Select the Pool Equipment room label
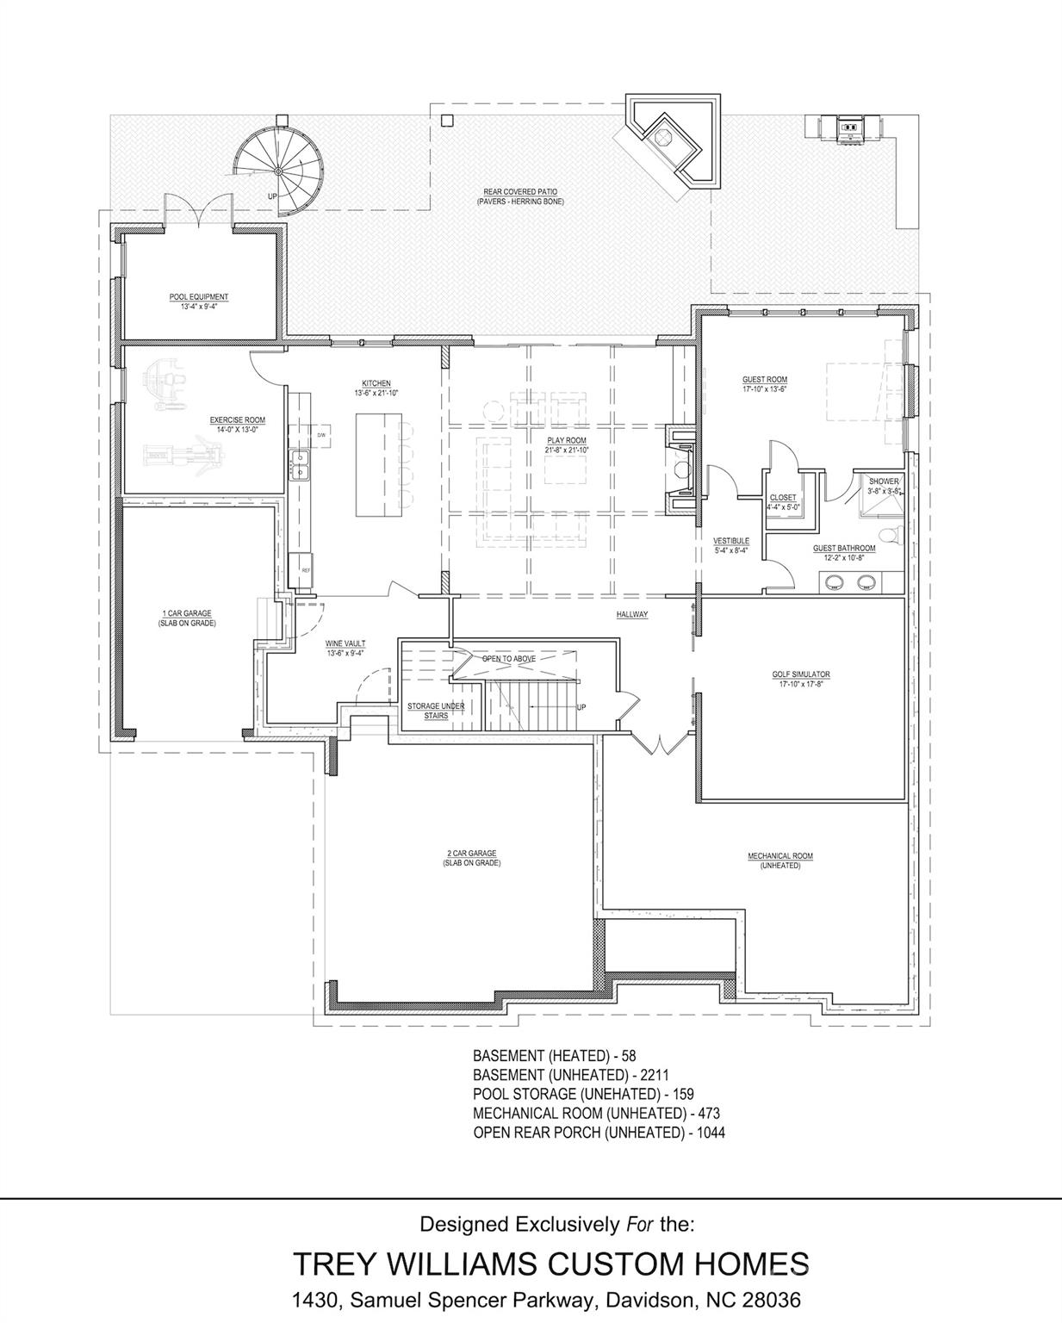coord(199,297)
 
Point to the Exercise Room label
coord(238,420)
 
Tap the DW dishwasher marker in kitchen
coord(321,435)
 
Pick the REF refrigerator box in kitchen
coord(306,569)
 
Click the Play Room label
coord(567,440)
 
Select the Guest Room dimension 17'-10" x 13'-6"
coord(765,389)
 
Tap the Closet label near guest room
coord(783,498)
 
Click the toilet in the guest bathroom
coord(893,535)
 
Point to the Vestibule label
coord(730,541)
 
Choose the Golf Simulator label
coord(801,674)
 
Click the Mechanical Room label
coord(780,856)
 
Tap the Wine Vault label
coord(345,643)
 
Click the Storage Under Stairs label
coord(436,711)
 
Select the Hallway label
coord(631,614)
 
